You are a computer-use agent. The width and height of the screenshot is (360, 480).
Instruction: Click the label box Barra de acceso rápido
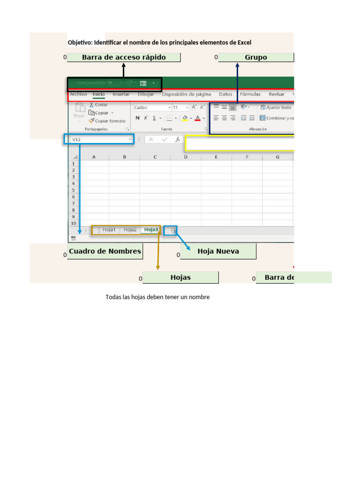pos(123,58)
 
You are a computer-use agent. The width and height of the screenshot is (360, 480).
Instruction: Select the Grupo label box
pos(256,58)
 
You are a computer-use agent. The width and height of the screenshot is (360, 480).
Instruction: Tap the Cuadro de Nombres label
pos(105,251)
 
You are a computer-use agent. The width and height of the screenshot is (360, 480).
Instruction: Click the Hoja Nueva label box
pos(218,251)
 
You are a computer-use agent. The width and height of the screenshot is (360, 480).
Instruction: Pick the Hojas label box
pos(180,277)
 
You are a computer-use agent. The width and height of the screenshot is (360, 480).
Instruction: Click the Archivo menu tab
pos(78,94)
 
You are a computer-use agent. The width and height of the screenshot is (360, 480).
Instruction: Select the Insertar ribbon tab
pos(121,94)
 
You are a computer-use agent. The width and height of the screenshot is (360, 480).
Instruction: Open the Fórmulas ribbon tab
pos(250,94)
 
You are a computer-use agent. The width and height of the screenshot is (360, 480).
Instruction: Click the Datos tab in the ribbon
pos(225,94)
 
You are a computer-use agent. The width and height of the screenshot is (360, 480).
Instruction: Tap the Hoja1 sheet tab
pos(109,230)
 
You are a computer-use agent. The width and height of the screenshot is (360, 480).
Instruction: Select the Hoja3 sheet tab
pos(151,230)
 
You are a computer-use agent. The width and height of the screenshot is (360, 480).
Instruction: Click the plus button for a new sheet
pos(174,231)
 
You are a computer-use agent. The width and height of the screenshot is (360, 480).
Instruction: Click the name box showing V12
pos(98,139)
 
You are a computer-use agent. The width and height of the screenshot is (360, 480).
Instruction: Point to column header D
pos(186,157)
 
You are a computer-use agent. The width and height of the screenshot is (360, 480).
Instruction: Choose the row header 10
pos(73,224)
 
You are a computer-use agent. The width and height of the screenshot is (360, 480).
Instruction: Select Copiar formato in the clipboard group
pos(110,120)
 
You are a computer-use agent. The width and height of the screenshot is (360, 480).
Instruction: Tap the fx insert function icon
pos(178,139)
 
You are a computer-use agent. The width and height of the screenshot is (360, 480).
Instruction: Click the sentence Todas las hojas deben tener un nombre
pos(157,297)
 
